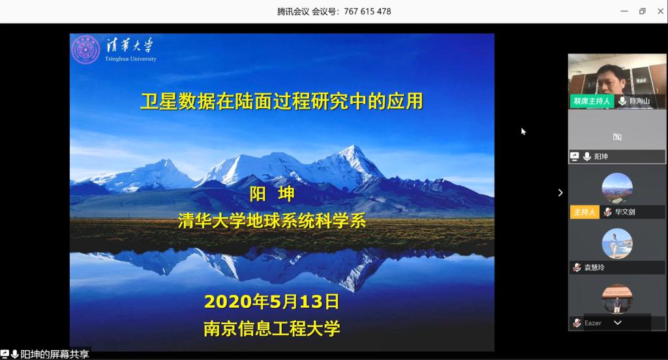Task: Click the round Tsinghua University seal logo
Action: tap(85, 50)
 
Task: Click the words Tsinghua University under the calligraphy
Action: tap(130, 59)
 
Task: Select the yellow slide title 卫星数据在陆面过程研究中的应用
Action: tap(282, 101)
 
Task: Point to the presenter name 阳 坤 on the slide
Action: tap(272, 194)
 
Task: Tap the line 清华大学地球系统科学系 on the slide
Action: tap(272, 220)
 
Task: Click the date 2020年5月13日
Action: tap(272, 302)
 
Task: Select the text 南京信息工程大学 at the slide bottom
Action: tap(272, 329)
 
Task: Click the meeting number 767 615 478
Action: tap(367, 12)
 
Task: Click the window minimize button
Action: tap(624, 12)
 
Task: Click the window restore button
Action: tap(643, 12)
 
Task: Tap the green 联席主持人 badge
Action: tap(592, 101)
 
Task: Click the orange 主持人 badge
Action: tap(584, 212)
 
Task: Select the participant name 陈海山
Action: tap(639, 101)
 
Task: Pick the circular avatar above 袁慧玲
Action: tap(617, 244)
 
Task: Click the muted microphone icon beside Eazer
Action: tap(577, 323)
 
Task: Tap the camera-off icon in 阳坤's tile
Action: tap(617, 137)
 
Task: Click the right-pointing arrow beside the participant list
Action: tap(560, 192)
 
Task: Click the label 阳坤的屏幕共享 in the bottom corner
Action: tap(55, 354)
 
